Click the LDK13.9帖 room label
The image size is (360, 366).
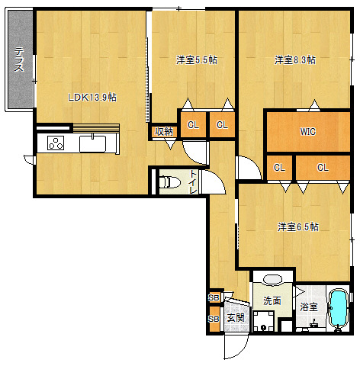(x=92, y=98)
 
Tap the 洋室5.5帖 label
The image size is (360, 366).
(x=197, y=60)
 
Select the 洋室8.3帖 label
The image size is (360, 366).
(x=295, y=60)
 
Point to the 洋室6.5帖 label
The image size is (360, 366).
(x=298, y=226)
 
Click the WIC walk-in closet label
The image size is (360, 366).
(x=308, y=132)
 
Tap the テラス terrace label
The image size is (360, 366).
(x=19, y=59)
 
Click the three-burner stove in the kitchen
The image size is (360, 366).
(x=56, y=143)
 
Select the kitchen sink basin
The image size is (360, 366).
(x=93, y=144)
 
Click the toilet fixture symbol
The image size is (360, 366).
(x=169, y=182)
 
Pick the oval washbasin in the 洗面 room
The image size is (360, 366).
(x=272, y=280)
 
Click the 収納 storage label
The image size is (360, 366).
(x=164, y=132)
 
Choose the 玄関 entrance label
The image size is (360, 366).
(x=236, y=318)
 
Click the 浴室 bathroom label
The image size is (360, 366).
(x=309, y=307)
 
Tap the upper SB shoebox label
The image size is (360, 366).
(x=214, y=297)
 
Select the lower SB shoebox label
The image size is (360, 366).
(x=214, y=319)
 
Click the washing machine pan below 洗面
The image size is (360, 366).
(x=264, y=321)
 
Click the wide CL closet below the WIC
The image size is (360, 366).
(x=323, y=168)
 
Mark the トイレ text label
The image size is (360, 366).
(x=194, y=182)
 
